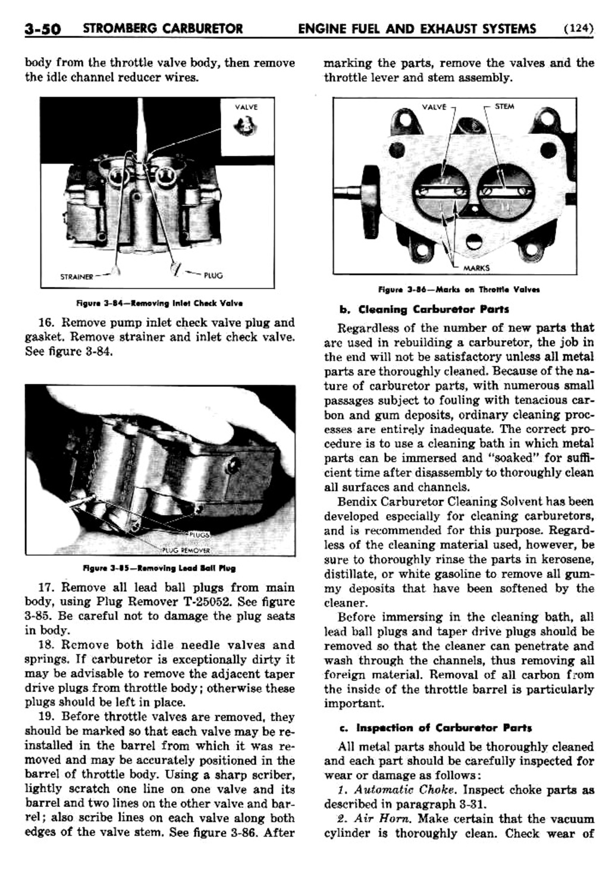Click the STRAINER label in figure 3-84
click(x=77, y=277)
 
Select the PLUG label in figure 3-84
click(x=213, y=275)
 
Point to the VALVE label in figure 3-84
click(x=246, y=107)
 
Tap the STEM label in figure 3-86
click(x=504, y=106)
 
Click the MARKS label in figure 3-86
click(x=476, y=268)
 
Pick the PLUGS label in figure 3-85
click(x=199, y=534)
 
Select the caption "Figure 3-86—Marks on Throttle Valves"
click(x=459, y=290)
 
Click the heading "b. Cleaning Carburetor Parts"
click(x=424, y=309)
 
